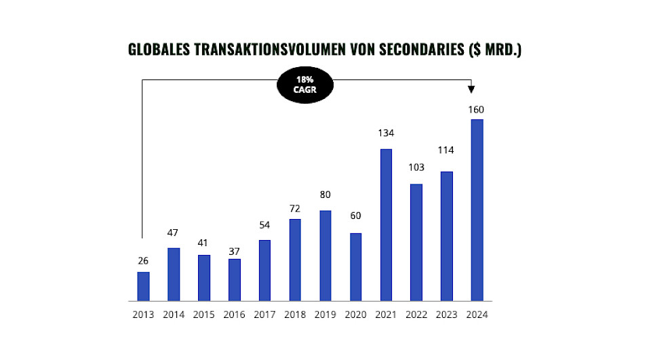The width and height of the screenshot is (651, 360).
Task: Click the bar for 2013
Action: [x=143, y=285]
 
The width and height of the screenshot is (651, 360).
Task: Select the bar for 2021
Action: [x=386, y=224]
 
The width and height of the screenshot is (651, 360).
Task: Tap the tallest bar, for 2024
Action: [x=477, y=209]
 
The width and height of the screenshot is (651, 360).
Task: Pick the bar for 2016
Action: [x=234, y=279]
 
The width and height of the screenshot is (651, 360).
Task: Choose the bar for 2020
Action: [x=355, y=266]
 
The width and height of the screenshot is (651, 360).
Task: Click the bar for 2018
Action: [x=295, y=259]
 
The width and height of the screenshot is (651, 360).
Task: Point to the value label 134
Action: [x=386, y=134]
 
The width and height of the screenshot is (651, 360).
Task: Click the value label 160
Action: [x=477, y=109]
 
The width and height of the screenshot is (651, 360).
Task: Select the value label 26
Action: [x=143, y=260]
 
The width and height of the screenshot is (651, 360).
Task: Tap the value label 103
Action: [x=416, y=167]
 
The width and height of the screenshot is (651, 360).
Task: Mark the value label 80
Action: [x=325, y=195]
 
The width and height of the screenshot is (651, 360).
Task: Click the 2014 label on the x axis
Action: [x=174, y=315]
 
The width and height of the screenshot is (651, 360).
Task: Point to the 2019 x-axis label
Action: [x=325, y=315]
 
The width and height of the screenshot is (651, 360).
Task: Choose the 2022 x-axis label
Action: [x=416, y=315]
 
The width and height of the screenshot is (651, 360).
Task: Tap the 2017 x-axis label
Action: [x=264, y=315]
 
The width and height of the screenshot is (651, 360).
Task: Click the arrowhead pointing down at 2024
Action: [x=471, y=89]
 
